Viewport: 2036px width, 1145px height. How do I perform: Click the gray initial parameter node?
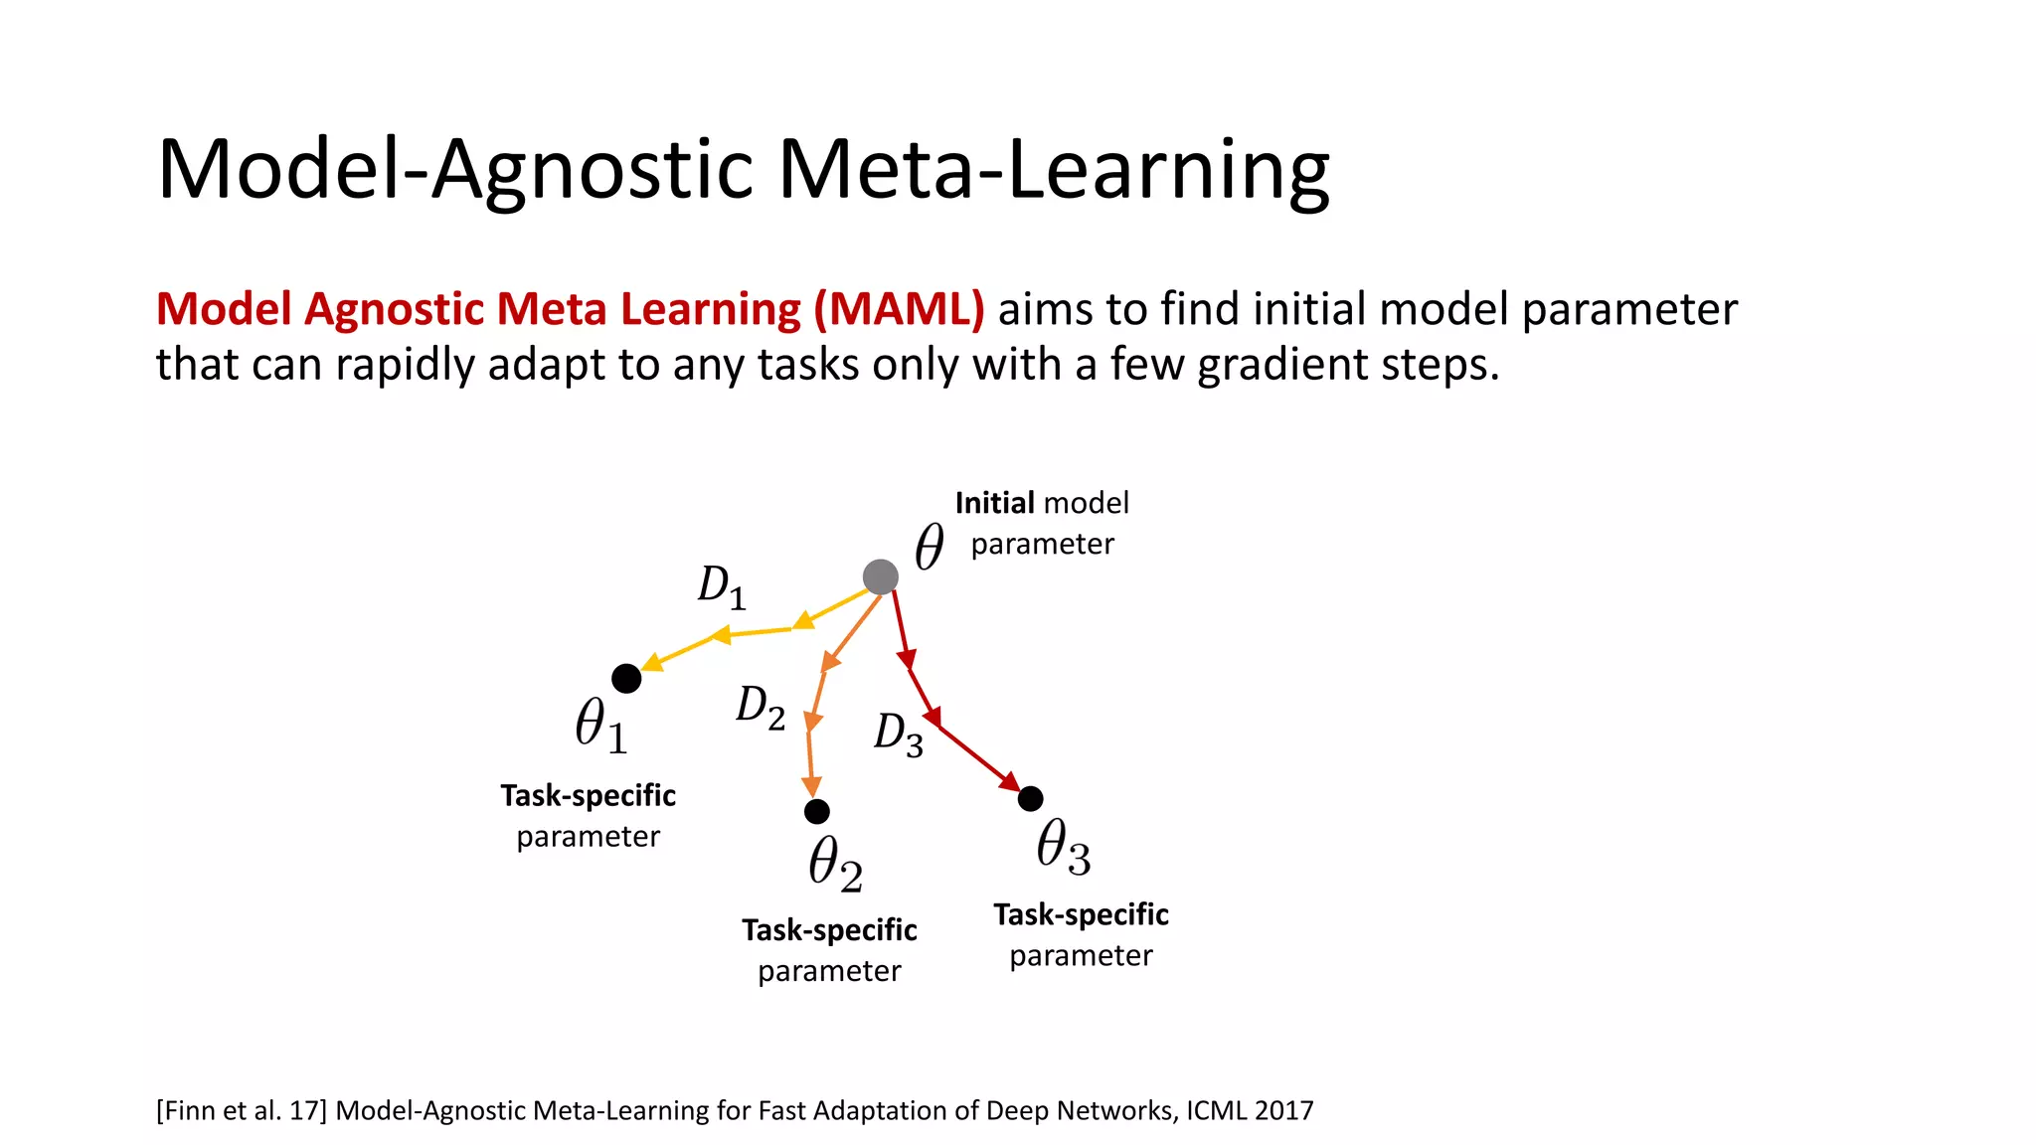[x=880, y=576]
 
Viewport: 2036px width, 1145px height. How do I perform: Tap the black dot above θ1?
[x=626, y=679]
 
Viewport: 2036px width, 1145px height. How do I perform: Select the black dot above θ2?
[x=816, y=812]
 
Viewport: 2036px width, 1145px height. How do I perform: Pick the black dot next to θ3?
[x=1031, y=798]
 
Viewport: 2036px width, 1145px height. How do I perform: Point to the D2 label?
[x=761, y=708]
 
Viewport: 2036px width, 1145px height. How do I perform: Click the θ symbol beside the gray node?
[x=929, y=547]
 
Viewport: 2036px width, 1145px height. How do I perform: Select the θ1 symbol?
[x=601, y=725]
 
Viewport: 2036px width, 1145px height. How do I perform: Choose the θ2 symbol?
[x=835, y=863]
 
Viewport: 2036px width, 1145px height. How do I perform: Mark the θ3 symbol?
[x=1063, y=847]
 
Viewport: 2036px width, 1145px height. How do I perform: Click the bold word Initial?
[x=995, y=503]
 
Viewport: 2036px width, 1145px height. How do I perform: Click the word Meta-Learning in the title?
[x=1053, y=170]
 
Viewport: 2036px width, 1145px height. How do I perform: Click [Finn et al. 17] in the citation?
[x=241, y=1110]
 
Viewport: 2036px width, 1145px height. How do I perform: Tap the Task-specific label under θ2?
[x=829, y=930]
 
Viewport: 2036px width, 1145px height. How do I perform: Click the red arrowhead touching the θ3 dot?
[x=1010, y=782]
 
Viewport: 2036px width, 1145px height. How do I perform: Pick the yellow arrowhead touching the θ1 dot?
[x=650, y=663]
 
